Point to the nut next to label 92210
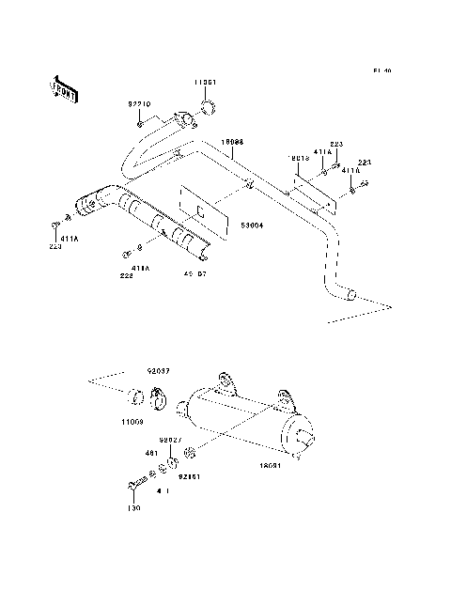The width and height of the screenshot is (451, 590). tap(140, 123)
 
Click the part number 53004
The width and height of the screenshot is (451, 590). tap(251, 226)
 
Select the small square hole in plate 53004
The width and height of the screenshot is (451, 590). tap(199, 212)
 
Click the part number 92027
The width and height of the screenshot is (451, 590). tap(169, 440)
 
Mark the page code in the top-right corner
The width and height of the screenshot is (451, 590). tap(381, 70)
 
